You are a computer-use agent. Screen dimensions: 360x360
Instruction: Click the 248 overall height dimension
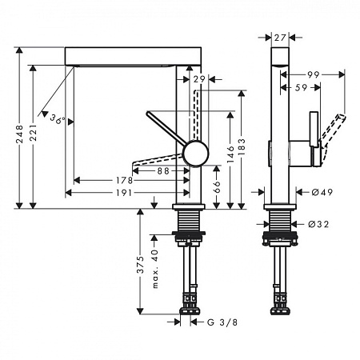coord(19,134)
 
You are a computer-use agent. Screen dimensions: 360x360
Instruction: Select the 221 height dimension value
coord(33,133)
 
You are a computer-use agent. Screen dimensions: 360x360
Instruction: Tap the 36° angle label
coord(58,119)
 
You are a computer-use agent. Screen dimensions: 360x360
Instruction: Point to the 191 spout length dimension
coord(124,193)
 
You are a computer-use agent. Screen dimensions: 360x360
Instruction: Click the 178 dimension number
coord(124,181)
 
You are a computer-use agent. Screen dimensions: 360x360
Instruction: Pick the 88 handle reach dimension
coord(163,171)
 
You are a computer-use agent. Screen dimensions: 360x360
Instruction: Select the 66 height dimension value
coord(217,186)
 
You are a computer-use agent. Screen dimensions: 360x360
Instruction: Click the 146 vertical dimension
coord(230,154)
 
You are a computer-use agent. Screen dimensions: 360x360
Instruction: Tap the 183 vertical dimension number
coord(242,147)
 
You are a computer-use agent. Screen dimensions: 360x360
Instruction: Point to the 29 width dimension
coord(199,79)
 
